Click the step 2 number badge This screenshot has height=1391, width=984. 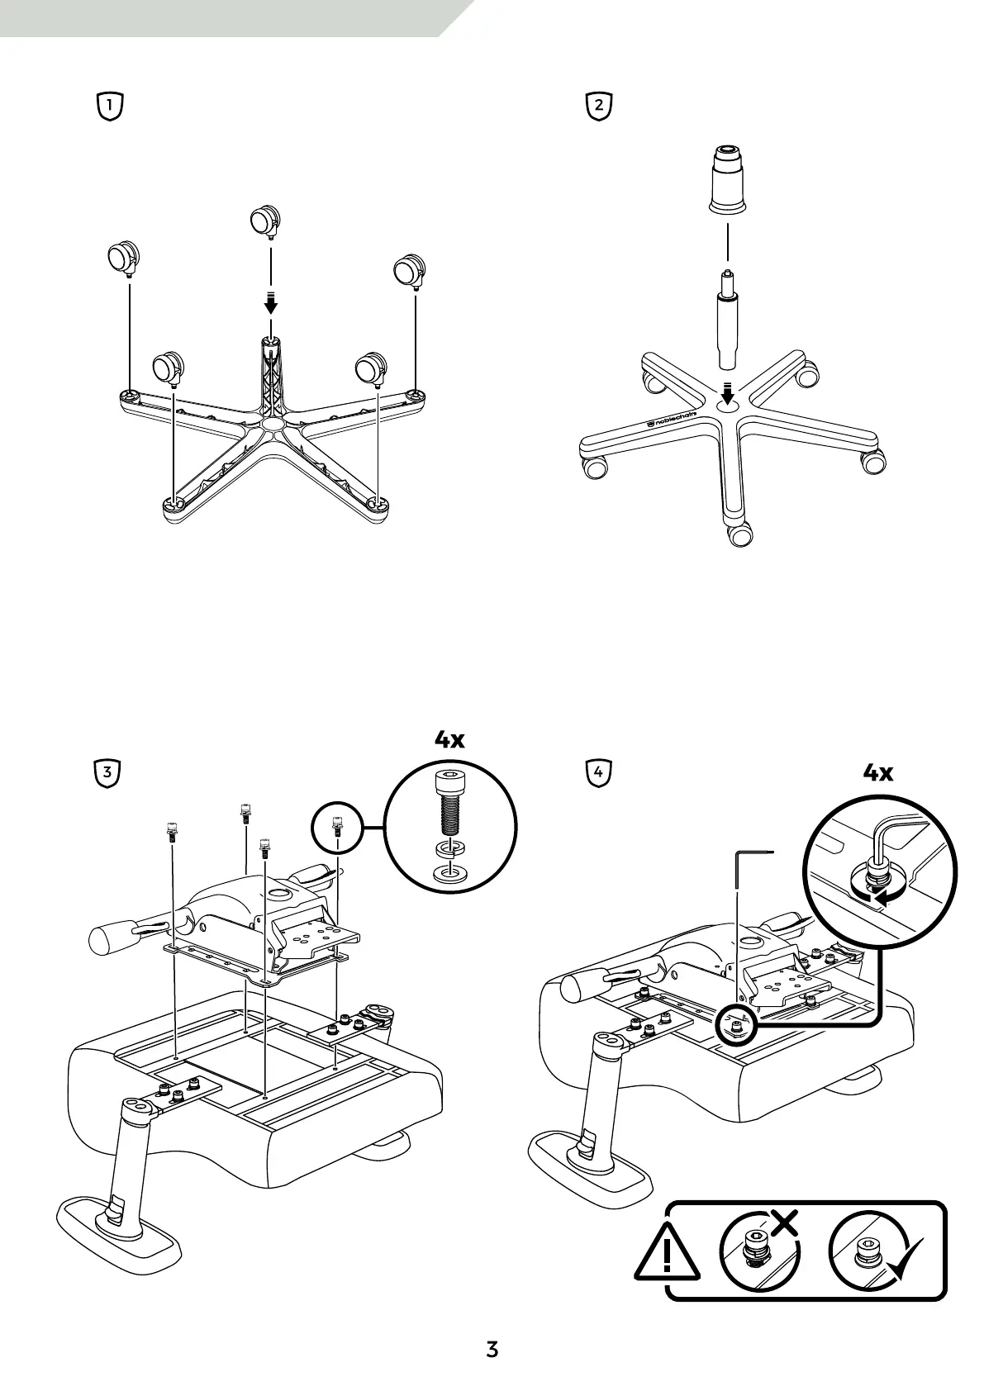[598, 107]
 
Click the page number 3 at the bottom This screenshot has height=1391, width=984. [492, 1350]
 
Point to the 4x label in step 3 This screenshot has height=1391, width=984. [450, 739]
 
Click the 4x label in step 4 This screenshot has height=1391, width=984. [878, 772]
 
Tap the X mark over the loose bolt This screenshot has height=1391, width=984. [784, 1221]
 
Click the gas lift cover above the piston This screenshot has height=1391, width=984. [727, 179]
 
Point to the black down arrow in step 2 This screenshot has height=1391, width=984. [727, 392]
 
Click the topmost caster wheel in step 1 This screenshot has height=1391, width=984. [265, 221]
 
